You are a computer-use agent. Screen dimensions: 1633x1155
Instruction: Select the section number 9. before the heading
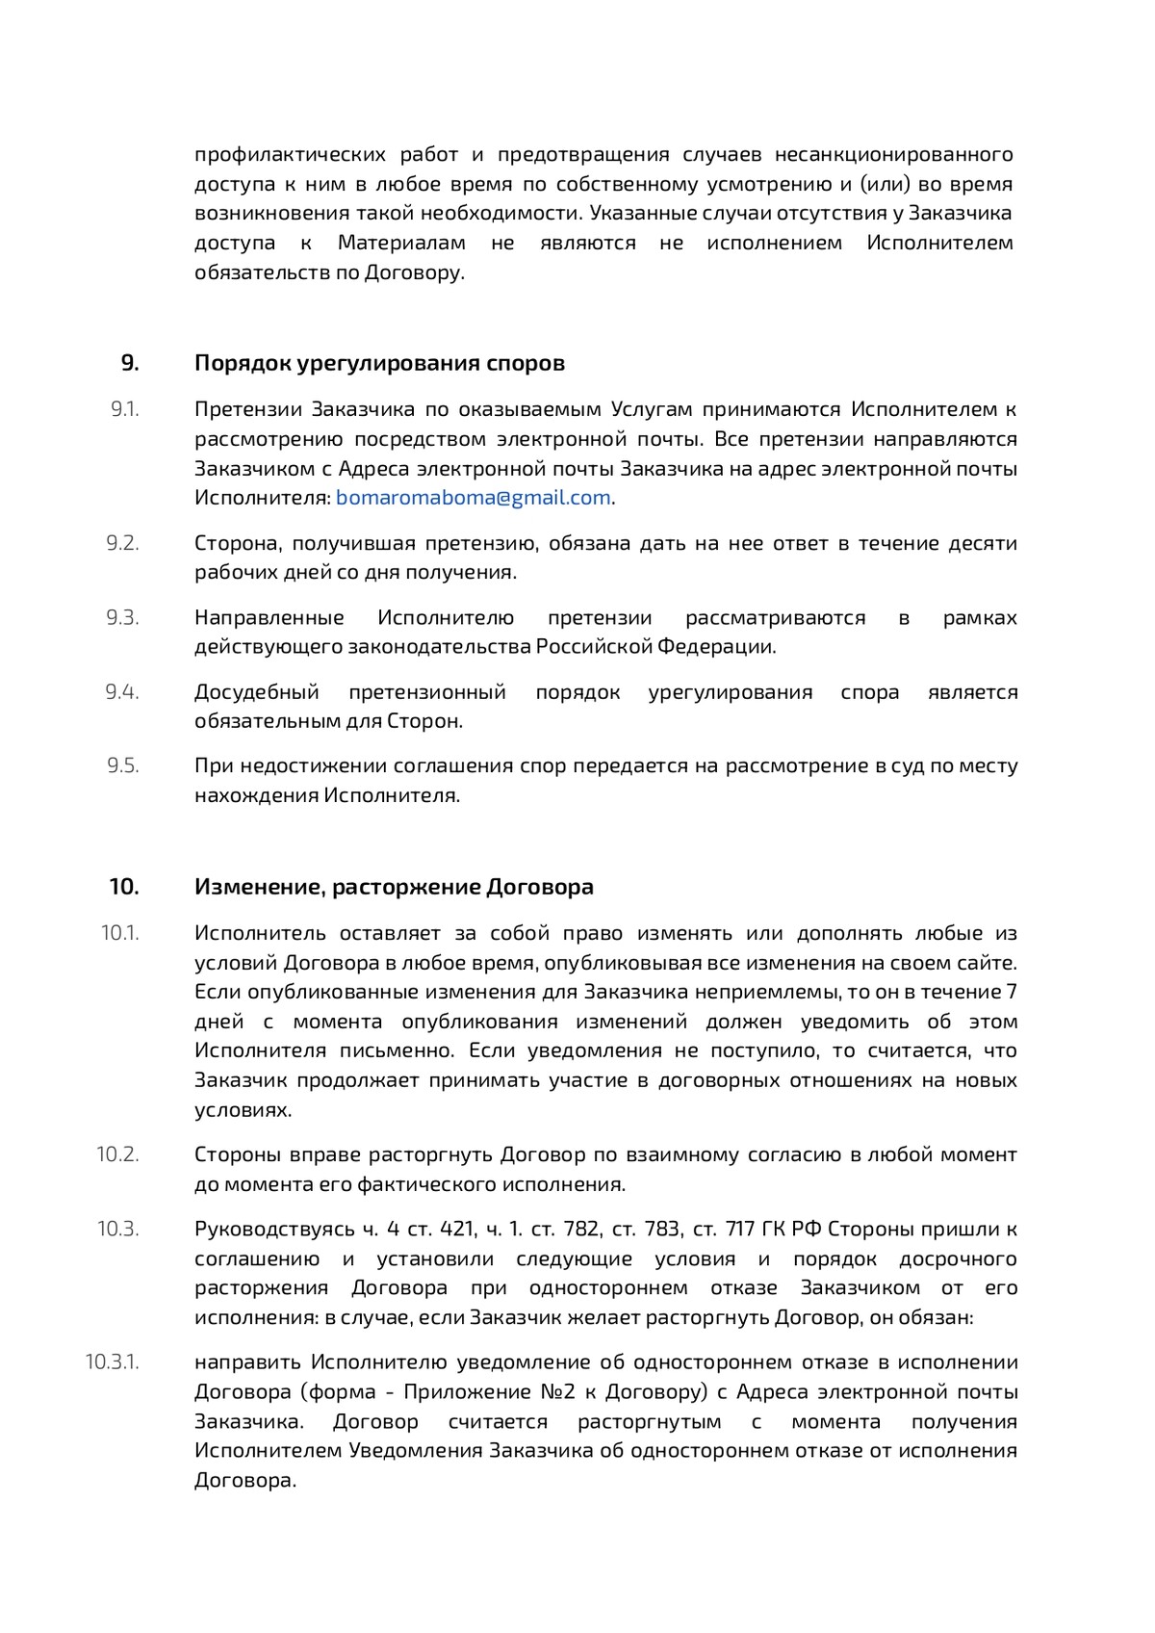(x=130, y=363)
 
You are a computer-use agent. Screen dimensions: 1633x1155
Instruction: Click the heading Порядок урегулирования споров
(x=379, y=363)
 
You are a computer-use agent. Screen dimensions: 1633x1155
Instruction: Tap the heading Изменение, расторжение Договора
(x=394, y=887)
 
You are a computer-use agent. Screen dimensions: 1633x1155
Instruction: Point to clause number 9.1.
(x=125, y=409)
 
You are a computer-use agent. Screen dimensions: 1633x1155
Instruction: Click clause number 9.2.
(x=123, y=543)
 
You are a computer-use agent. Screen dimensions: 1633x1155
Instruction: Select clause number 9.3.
(x=123, y=617)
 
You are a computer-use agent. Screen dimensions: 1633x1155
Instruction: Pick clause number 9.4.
(x=123, y=691)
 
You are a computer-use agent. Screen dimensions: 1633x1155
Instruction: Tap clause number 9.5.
(x=123, y=765)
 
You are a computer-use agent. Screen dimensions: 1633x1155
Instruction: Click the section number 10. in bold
(x=124, y=887)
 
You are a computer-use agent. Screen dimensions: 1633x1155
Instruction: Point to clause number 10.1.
(x=120, y=933)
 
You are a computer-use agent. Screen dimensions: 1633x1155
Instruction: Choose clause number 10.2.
(x=118, y=1154)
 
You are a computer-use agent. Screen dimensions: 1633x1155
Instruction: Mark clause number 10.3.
(x=118, y=1229)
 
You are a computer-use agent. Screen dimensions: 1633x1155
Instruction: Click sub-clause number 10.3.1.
(x=113, y=1362)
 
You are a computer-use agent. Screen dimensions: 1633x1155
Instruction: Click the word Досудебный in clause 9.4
(x=257, y=691)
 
